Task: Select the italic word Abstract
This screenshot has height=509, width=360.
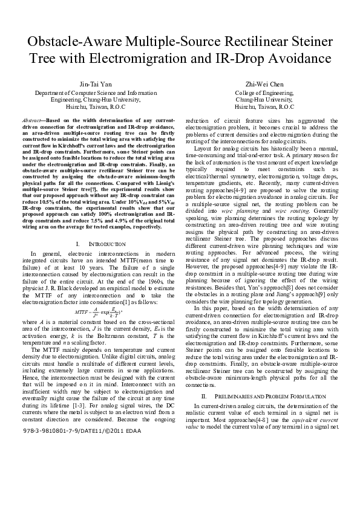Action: point(31,121)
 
